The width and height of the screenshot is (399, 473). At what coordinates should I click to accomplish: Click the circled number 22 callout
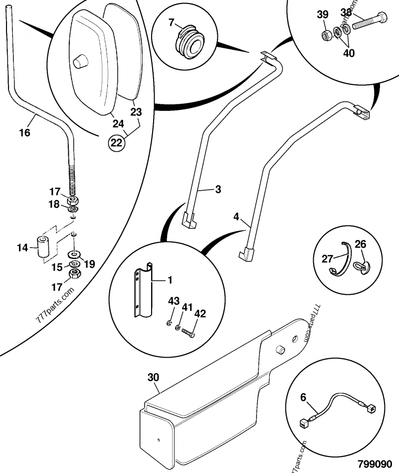click(x=116, y=143)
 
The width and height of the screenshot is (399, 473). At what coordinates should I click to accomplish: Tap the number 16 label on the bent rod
click(x=24, y=132)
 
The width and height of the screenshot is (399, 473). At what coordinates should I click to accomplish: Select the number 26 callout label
click(x=360, y=244)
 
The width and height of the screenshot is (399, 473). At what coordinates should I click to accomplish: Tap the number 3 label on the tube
click(x=217, y=189)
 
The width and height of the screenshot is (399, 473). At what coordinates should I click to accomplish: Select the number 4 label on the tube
click(x=237, y=217)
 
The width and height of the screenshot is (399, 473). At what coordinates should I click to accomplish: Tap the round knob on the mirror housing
click(x=78, y=62)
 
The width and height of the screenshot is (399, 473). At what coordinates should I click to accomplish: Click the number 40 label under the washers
click(x=349, y=52)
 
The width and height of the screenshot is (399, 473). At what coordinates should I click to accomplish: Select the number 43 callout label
click(x=174, y=301)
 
